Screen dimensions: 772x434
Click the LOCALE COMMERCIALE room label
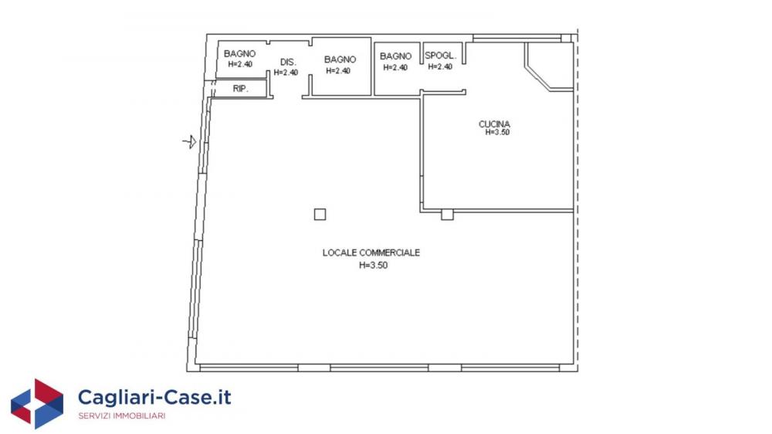371,253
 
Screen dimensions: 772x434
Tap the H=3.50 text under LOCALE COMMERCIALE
373,265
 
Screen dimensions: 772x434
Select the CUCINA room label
494,124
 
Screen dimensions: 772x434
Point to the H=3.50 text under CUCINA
497,132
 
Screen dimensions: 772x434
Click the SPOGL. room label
440,56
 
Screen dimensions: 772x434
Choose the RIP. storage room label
240,89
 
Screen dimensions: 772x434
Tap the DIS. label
288,62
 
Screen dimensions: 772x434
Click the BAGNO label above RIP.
240,54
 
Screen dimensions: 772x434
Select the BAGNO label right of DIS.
340,59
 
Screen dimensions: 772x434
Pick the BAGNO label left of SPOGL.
395,56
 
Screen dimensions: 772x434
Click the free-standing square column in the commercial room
320,214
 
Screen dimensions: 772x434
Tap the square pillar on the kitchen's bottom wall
447,214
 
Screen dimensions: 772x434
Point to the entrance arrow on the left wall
190,142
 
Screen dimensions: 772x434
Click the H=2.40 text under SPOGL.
440,66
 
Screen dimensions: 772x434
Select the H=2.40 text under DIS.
286,73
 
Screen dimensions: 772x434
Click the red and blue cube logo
37,403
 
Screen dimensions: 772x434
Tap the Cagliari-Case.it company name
154,397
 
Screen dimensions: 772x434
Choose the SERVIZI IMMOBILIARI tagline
122,416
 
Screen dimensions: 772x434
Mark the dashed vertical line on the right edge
577,199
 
